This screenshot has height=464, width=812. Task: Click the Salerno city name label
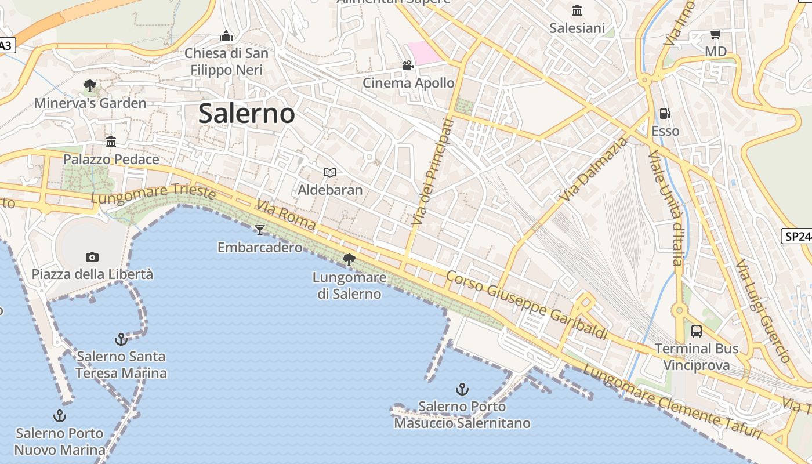coord(246,113)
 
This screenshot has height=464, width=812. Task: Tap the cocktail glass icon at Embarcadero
coord(260,230)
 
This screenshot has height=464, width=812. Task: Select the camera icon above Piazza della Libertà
coord(92,257)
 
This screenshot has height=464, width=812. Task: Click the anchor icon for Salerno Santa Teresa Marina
coord(121,339)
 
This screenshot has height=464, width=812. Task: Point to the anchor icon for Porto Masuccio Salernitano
coord(462,389)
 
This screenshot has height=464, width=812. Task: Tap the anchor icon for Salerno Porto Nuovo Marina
coord(59,416)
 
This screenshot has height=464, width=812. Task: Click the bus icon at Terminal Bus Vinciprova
coord(697,331)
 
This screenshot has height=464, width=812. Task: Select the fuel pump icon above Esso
coord(665,114)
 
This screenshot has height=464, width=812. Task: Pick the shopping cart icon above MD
coord(715,35)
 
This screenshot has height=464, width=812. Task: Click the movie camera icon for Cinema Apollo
coord(408,66)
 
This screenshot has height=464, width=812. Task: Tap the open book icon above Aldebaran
coord(330,172)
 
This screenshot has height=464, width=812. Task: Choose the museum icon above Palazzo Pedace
coord(111,142)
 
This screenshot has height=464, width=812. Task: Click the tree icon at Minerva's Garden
coord(90,86)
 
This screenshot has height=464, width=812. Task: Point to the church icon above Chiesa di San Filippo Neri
coord(226,37)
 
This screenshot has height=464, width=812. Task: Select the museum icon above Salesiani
coord(577,11)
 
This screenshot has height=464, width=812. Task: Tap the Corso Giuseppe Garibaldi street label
coord(527,305)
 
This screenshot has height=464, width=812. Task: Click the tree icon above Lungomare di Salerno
coord(349,260)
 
